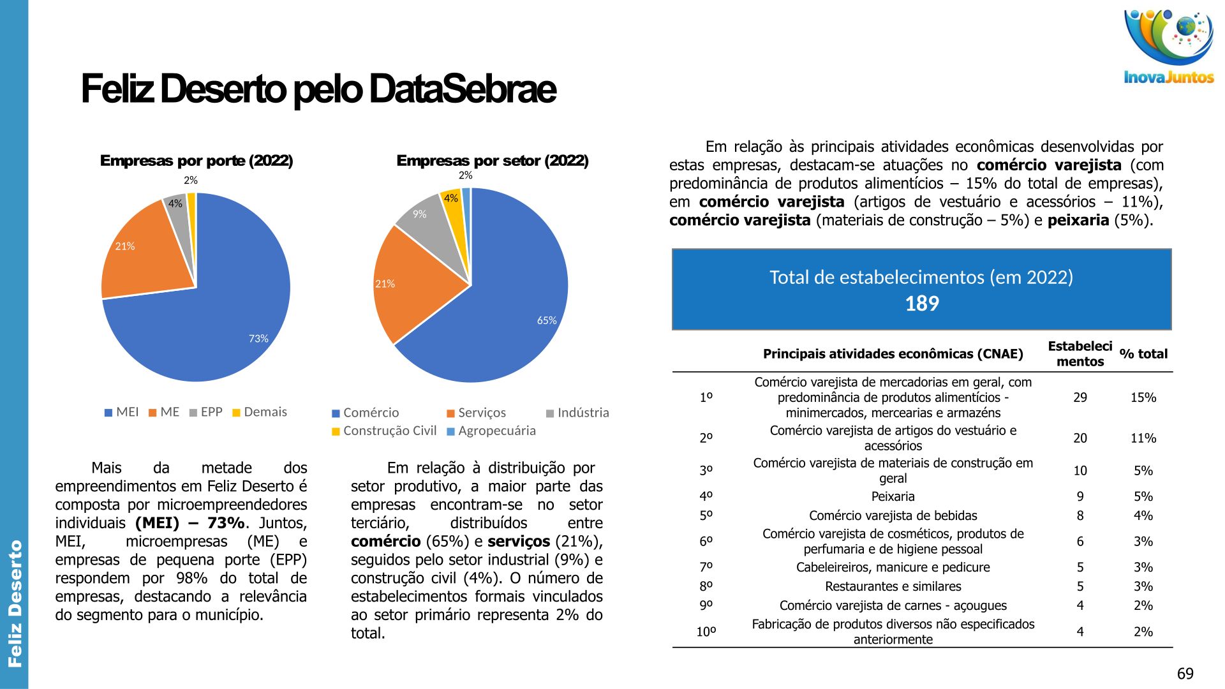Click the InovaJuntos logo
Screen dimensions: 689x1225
(1168, 48)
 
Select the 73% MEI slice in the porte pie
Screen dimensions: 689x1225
(230, 319)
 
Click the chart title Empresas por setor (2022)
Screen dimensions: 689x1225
(492, 161)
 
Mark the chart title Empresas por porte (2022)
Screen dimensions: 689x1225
(197, 161)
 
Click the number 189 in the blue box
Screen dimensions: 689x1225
(921, 304)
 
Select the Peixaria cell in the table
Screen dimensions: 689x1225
(893, 496)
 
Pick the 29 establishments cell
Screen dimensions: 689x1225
(1080, 397)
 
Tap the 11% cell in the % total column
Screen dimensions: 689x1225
(1143, 438)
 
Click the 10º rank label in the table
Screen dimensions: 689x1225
(706, 632)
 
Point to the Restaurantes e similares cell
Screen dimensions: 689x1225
(893, 586)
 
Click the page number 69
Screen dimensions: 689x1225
(1185, 674)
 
